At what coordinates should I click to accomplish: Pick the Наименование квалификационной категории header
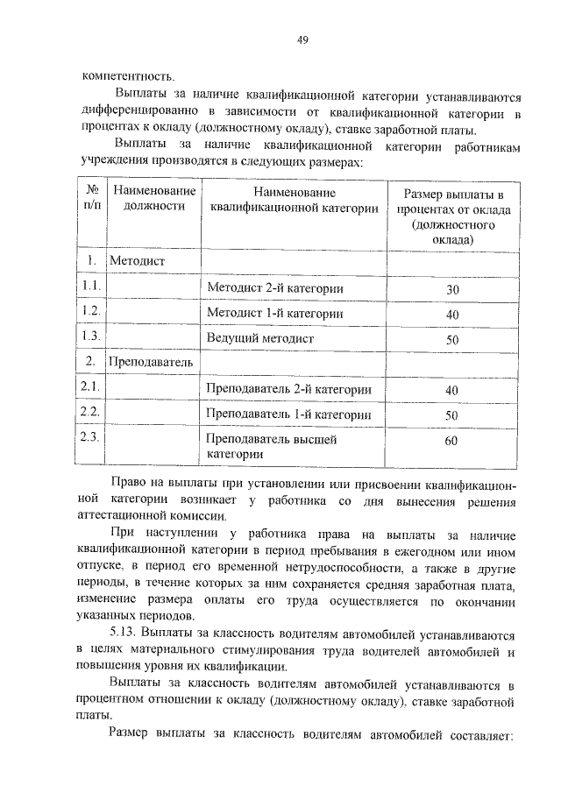point(295,199)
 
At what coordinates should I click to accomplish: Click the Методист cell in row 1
point(137,261)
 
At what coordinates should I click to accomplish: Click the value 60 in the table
point(451,441)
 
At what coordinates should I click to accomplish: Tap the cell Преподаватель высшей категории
point(271,446)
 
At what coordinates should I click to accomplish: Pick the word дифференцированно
point(138,114)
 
